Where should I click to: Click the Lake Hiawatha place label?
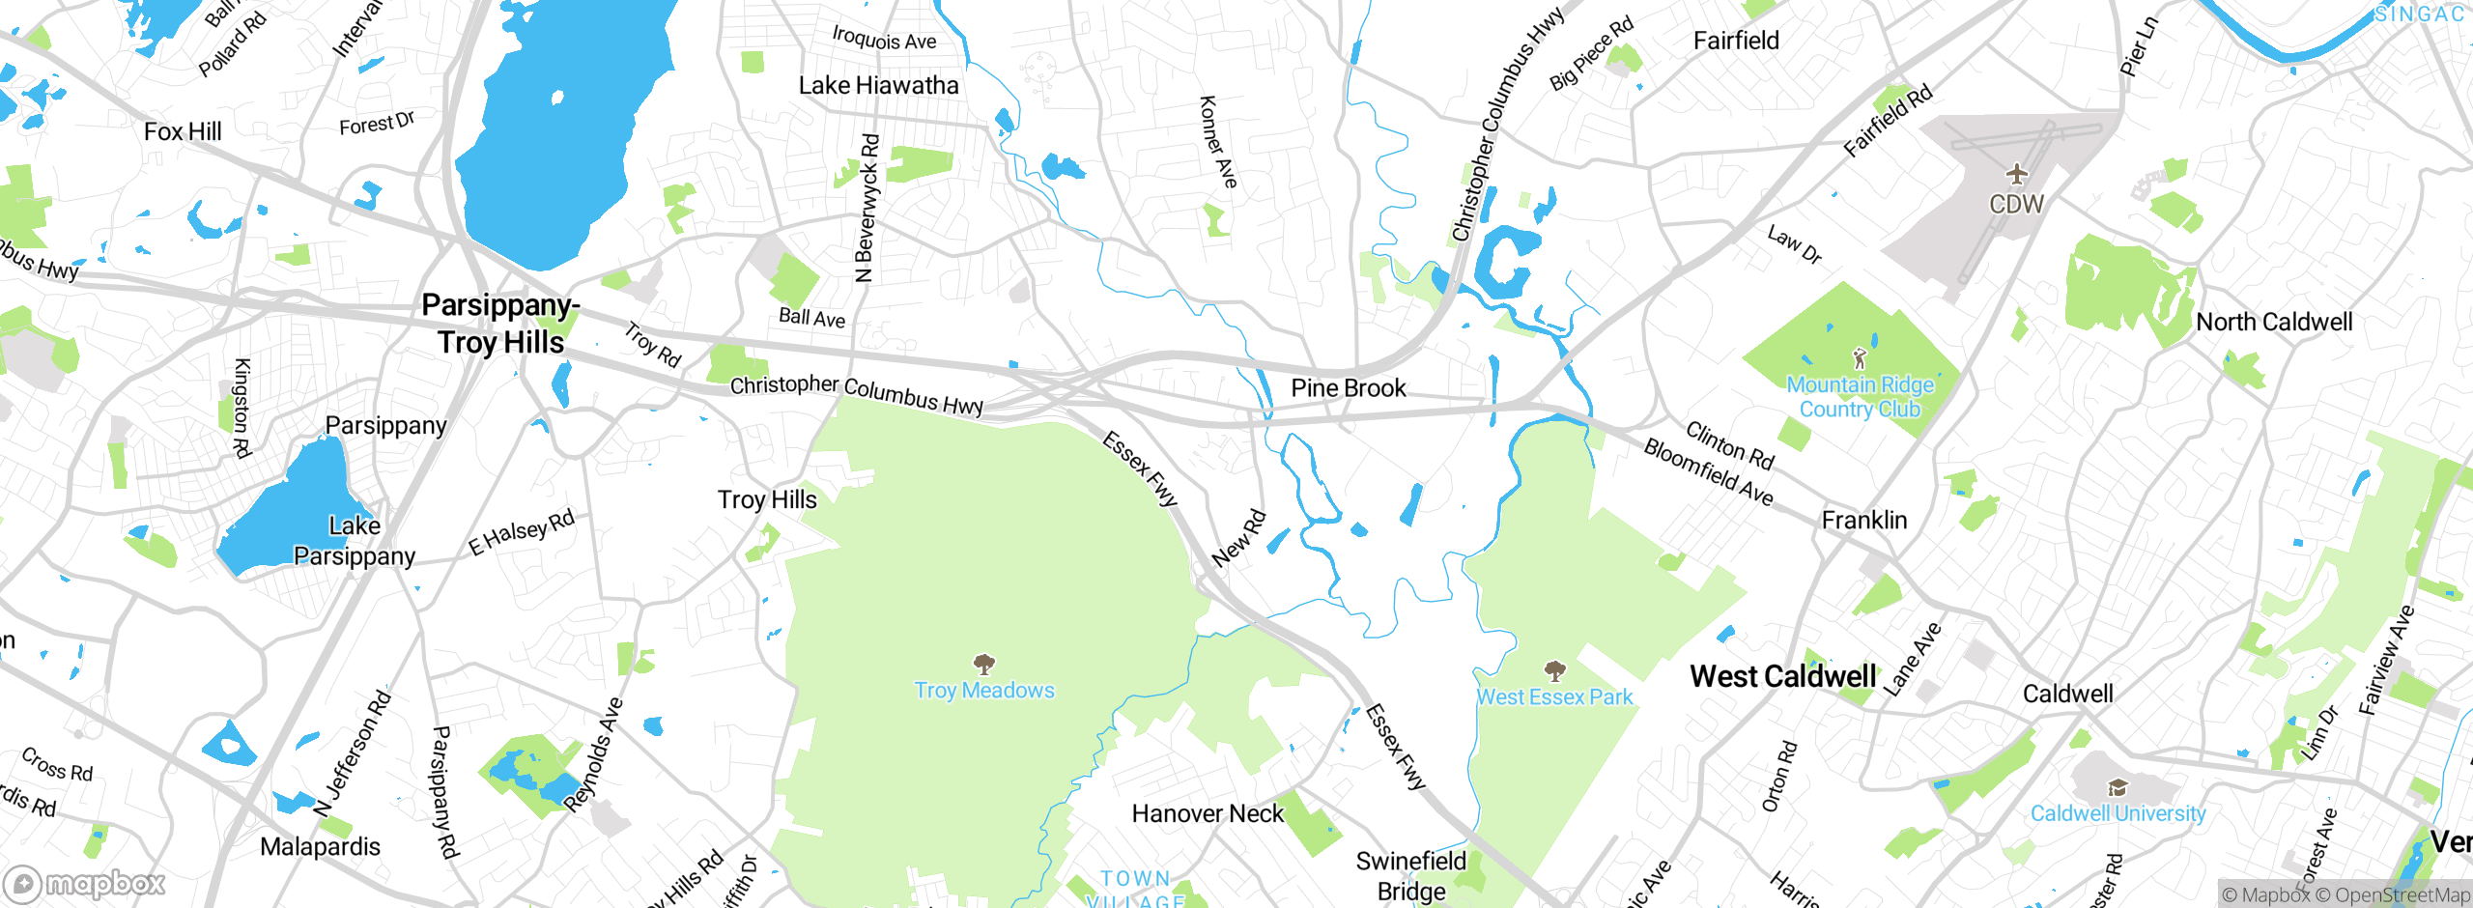pyautogui.click(x=878, y=86)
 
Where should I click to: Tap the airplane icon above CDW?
pyautogui.click(x=2016, y=175)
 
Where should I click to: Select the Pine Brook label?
pyautogui.click(x=1349, y=388)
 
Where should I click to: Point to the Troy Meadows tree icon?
pyautogui.click(x=984, y=665)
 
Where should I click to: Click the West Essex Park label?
pyautogui.click(x=1554, y=697)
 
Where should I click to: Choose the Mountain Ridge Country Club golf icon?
pyautogui.click(x=1860, y=358)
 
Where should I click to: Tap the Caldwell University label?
pyautogui.click(x=2118, y=813)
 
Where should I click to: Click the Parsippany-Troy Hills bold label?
pyautogui.click(x=500, y=325)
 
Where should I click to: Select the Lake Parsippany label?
pyautogui.click(x=355, y=541)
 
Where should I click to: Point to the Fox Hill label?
pyautogui.click(x=183, y=131)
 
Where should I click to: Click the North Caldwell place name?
pyautogui.click(x=2274, y=323)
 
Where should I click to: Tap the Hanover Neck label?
pyautogui.click(x=1208, y=814)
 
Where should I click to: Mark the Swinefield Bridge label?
pyautogui.click(x=1411, y=875)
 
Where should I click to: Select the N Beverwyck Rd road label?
pyautogui.click(x=867, y=208)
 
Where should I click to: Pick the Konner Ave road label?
pyautogui.click(x=1217, y=142)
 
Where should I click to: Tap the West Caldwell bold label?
pyautogui.click(x=1782, y=677)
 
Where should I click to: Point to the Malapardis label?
pyautogui.click(x=320, y=847)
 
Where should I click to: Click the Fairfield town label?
pyautogui.click(x=1736, y=41)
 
